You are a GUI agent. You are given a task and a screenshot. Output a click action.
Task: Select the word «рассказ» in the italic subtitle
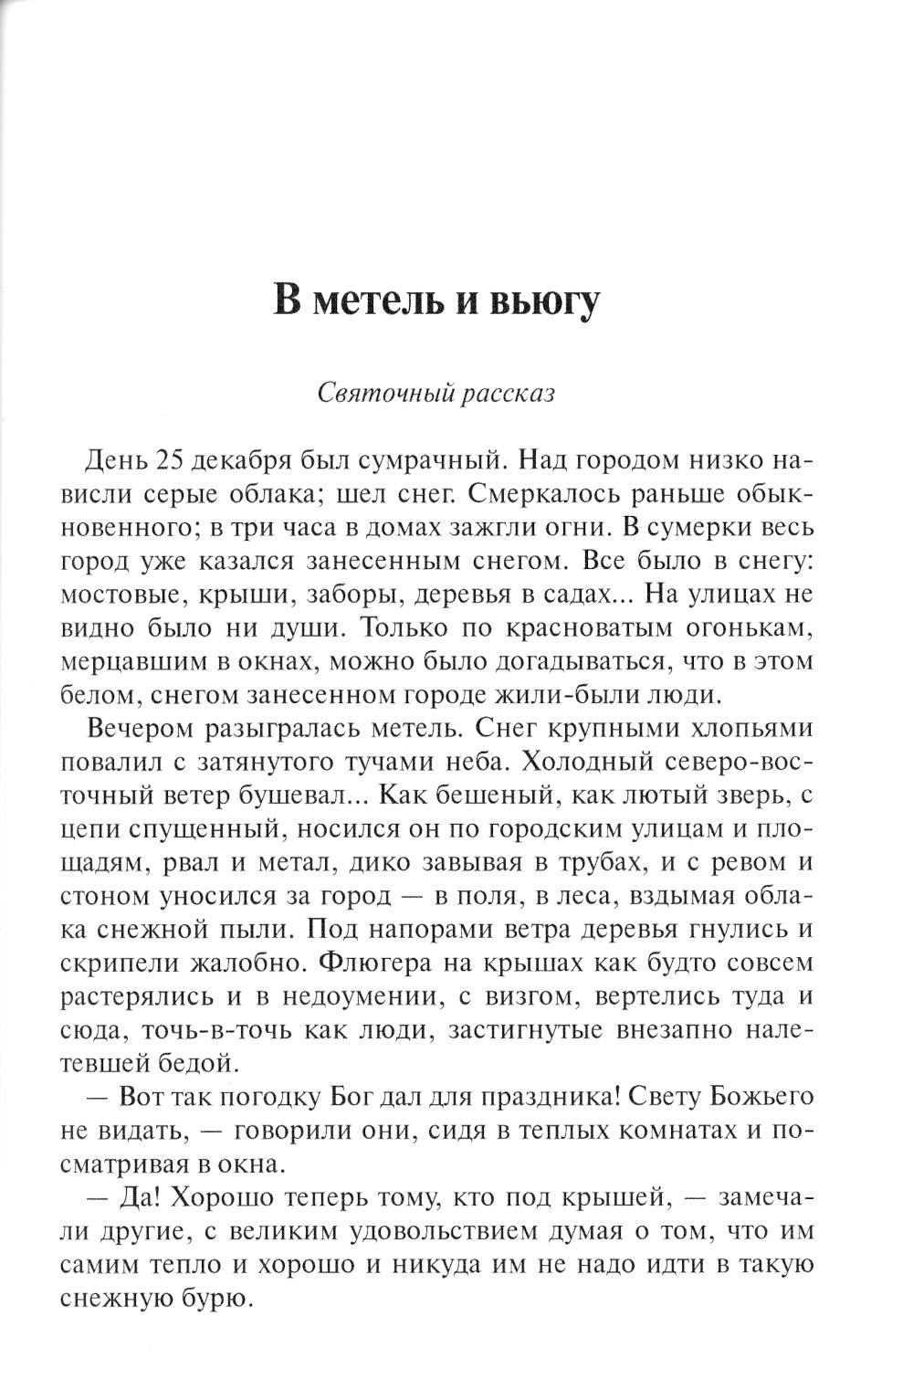pyautogui.click(x=508, y=394)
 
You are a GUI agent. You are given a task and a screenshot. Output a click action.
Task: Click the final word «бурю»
pyautogui.click(x=215, y=1299)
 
